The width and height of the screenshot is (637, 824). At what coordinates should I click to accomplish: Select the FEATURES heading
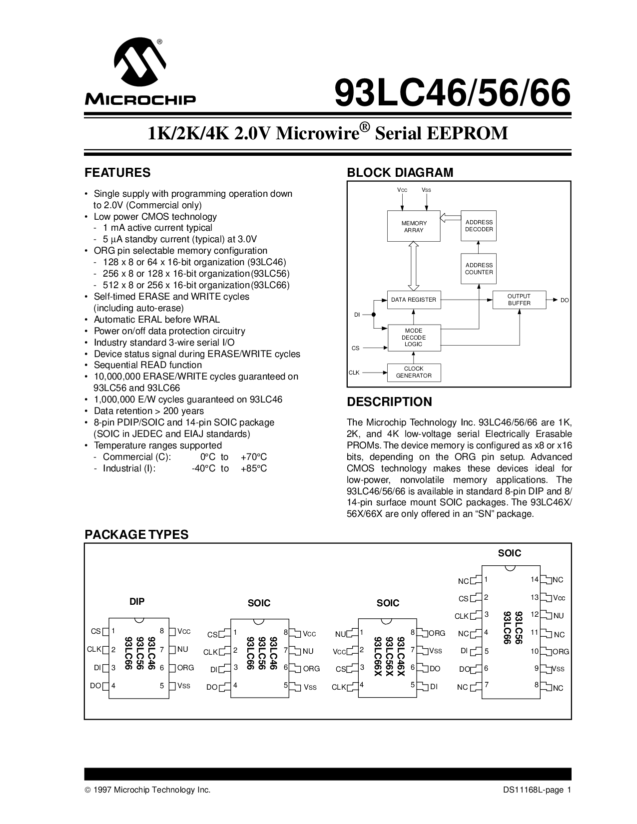117,173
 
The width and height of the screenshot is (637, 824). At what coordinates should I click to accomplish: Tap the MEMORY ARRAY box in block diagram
414,226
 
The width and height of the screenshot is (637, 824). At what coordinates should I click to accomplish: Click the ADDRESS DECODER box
479,226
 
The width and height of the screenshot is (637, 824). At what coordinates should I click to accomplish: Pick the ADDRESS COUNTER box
479,269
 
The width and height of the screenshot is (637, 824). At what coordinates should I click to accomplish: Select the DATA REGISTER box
414,300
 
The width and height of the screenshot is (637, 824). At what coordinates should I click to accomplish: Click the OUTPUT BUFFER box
519,300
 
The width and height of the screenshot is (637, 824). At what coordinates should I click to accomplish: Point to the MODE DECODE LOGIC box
414,337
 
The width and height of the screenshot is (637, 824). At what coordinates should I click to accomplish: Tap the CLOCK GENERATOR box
414,372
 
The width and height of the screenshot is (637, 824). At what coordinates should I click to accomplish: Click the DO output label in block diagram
565,300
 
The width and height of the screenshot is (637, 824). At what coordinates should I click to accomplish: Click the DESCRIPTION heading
389,402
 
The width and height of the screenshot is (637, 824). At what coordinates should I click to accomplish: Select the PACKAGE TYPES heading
136,534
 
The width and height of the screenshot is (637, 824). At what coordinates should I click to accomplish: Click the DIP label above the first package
137,602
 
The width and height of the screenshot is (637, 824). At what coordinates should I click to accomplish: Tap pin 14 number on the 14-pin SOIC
534,579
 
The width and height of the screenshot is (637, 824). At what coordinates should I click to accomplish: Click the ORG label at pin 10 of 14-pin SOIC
561,652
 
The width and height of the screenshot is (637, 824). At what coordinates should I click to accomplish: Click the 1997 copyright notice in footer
147,790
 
